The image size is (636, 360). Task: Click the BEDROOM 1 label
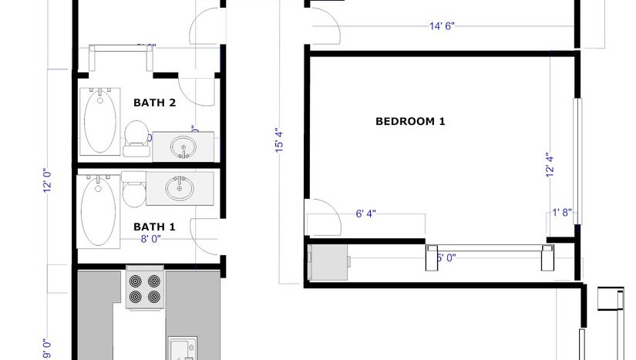(x=410, y=121)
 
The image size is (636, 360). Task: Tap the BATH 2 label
(x=155, y=102)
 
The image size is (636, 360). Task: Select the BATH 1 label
(x=155, y=227)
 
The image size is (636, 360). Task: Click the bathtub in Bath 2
(x=100, y=121)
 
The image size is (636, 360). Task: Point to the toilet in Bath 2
(x=136, y=134)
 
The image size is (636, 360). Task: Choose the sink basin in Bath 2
(x=183, y=146)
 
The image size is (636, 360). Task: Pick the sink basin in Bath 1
(x=179, y=187)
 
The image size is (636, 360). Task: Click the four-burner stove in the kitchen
(x=145, y=288)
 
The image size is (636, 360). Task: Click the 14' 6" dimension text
(x=442, y=26)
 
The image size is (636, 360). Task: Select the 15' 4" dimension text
(x=279, y=141)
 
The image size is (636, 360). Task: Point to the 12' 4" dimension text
(x=550, y=165)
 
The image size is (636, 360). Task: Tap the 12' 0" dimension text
(x=47, y=180)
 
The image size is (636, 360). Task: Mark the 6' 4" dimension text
(x=365, y=214)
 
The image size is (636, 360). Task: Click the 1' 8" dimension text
(x=561, y=214)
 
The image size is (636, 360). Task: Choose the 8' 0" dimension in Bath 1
(x=151, y=239)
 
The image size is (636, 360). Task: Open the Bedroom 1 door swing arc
(x=324, y=218)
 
